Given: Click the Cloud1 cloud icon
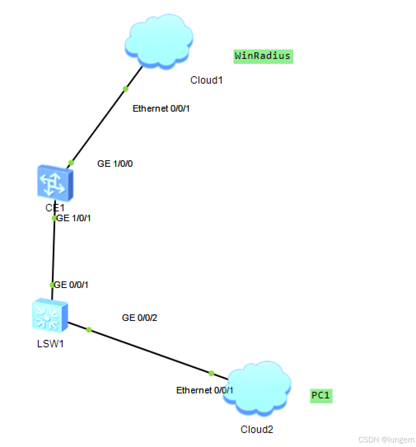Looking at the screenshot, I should click(159, 40).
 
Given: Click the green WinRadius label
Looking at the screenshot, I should click(263, 56).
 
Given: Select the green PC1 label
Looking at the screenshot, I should click(321, 396).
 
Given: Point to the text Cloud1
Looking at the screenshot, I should click(206, 80).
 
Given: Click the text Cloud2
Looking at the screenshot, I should click(257, 429).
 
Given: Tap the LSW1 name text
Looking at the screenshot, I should click(50, 343).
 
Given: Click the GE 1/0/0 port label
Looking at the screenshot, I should click(115, 164).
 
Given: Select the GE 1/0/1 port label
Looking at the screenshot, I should click(74, 218).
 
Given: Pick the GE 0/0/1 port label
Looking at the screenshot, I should click(72, 285).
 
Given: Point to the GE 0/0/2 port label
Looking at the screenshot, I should click(140, 318).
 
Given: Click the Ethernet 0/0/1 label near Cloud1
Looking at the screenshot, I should click(161, 109).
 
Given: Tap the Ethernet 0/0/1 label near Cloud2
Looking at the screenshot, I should click(205, 390).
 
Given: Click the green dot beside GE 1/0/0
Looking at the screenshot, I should click(71, 163).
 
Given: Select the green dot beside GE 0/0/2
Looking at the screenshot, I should click(89, 330).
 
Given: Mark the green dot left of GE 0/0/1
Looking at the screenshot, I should click(52, 285).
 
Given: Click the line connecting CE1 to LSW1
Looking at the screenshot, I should click(53, 251).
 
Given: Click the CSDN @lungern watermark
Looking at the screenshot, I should click(386, 440).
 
